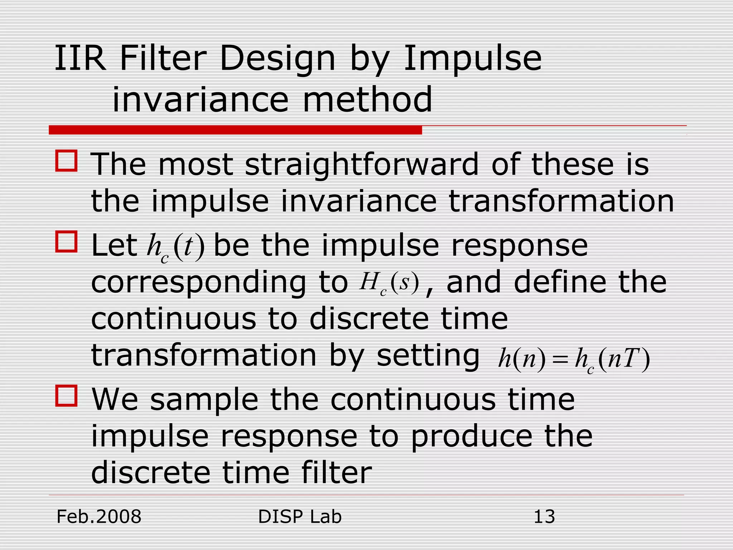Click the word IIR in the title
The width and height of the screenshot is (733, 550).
pos(80,58)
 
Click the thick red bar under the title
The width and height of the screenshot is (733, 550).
pos(235,130)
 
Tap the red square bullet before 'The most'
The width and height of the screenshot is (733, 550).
pos(66,161)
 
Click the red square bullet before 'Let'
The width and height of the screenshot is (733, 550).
pos(66,242)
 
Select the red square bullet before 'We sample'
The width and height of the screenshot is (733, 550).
pos(66,396)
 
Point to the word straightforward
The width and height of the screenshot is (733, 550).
pos(361,165)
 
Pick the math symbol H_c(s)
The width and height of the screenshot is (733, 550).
pos(389,284)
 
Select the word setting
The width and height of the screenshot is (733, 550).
pos(428,356)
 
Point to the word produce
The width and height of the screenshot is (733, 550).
pos(471,438)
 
